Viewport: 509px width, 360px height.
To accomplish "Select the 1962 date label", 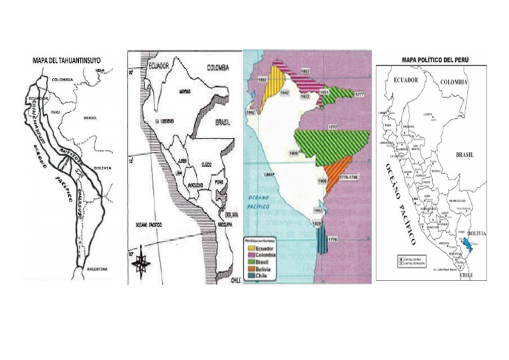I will [318, 210].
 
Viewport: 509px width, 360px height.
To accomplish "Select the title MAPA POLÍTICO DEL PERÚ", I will [435, 60].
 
